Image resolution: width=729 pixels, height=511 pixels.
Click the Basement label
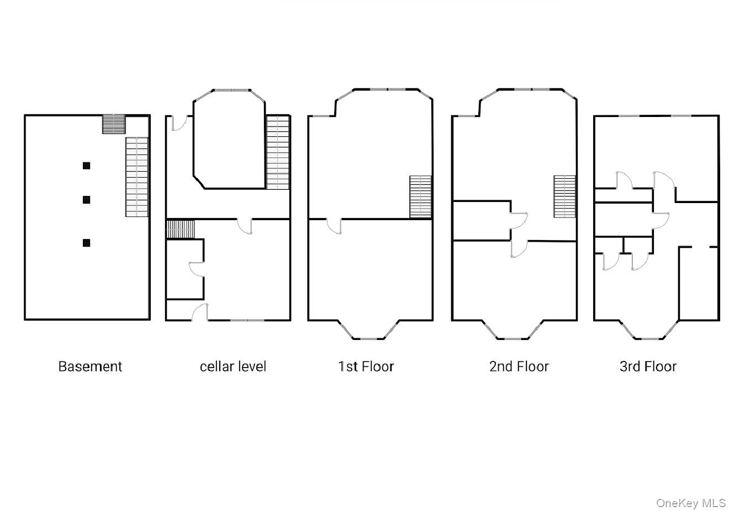[90, 366]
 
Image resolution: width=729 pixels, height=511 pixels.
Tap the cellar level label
[233, 366]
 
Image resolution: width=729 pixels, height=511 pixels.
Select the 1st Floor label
[366, 366]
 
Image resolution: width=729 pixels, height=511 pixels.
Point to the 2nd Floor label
[519, 366]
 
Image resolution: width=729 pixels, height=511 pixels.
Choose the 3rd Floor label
[648, 366]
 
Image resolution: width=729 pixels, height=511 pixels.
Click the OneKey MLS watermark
[691, 503]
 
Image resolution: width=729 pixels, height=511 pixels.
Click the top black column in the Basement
[86, 165]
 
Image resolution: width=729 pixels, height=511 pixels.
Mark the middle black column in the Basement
[86, 200]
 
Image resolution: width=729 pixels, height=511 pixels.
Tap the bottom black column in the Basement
[86, 243]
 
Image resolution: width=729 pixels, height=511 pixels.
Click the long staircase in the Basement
[137, 177]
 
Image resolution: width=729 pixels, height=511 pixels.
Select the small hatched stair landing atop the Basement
[114, 124]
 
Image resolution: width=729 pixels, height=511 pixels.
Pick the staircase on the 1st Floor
[420, 196]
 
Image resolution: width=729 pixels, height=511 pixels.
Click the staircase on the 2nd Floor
[565, 196]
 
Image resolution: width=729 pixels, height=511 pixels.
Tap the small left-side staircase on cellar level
[181, 229]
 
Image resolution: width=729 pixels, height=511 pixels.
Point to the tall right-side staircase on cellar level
[278, 152]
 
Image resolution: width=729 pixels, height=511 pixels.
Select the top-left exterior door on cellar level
[178, 123]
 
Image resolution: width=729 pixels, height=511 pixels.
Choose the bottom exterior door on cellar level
[200, 312]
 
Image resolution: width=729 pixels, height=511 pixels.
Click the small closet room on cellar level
[184, 269]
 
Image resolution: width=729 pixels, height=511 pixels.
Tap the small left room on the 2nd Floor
[480, 221]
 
